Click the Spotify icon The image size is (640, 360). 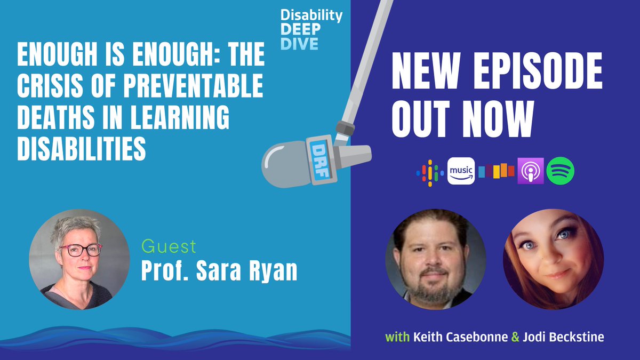pos(560,171)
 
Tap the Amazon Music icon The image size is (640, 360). pos(461,171)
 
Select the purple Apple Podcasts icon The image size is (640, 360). pos(531,171)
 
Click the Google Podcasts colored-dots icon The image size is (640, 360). pos(430,171)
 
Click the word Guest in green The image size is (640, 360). pos(169,247)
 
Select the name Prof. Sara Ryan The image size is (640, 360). pos(219,271)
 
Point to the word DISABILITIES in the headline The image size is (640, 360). pos(82,150)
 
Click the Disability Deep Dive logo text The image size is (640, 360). pos(311,29)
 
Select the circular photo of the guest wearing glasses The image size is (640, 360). pos(79,260)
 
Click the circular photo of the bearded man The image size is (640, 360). pos(436,260)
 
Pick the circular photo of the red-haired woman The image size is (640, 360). pos(553,260)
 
